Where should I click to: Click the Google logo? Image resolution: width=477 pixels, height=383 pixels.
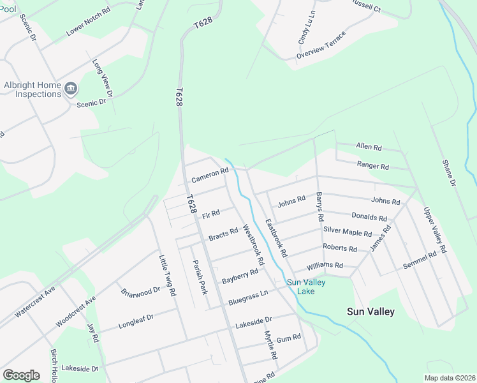tap(21, 375)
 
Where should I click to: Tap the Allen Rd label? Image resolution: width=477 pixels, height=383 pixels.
tap(369, 147)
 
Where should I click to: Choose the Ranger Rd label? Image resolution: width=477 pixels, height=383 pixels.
tap(373, 166)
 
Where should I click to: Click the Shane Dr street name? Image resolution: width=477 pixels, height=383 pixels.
tap(450, 173)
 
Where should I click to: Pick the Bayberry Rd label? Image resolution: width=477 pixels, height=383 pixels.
tap(240, 276)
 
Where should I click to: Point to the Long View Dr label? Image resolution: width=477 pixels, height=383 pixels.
tap(102, 79)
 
